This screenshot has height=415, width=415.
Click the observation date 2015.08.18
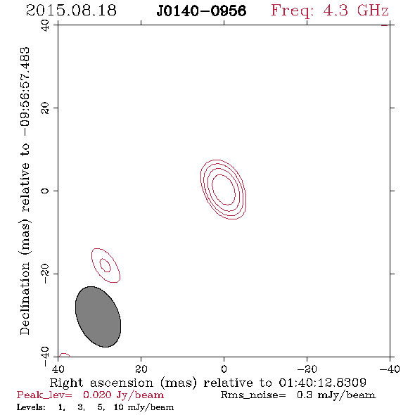pos(71,11)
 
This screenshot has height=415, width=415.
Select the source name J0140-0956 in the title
pos(201,11)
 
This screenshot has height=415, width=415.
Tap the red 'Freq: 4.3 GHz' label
pos(330,11)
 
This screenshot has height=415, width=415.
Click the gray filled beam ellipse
pos(98,317)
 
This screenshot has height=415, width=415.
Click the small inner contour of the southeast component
pos(106,265)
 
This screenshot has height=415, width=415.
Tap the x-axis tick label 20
pos(141,369)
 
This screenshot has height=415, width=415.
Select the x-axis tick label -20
pos(307,369)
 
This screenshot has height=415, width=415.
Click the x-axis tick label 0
pos(224,369)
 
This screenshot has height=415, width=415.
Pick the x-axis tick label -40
pos(390,369)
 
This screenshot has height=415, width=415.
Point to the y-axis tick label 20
pos(45,108)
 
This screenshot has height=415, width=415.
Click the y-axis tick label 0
pos(45,191)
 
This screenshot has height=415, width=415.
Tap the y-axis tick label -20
pos(45,274)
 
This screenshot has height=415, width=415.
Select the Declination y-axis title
pos(25,191)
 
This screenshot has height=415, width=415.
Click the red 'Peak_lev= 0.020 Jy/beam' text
pos(90,395)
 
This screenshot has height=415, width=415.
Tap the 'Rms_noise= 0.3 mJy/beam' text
pos(298,395)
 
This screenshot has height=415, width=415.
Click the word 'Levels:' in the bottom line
pos(31,407)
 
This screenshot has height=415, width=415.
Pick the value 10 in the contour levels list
pos(119,407)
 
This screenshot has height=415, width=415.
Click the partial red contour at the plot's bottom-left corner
pos(65,354)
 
